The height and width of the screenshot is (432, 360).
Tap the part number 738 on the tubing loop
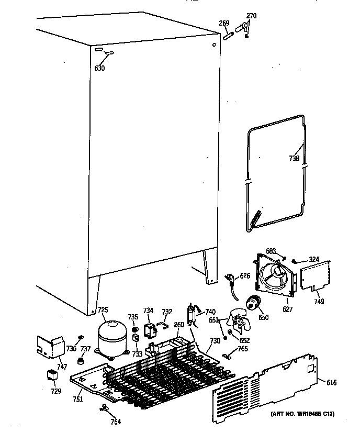coord(294,158)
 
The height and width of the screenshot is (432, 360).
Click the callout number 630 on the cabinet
coord(99,68)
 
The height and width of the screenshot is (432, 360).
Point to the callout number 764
coord(115,422)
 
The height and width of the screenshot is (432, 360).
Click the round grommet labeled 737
coord(81,361)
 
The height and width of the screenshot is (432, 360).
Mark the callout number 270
coord(251,16)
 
